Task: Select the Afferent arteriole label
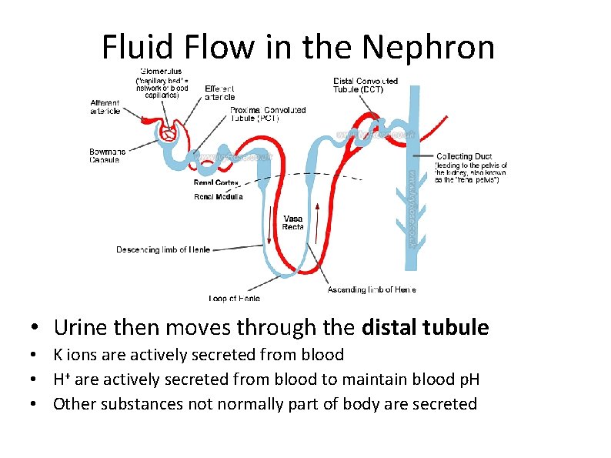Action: click(105, 106)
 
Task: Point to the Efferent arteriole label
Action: click(220, 92)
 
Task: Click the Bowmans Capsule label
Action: click(107, 155)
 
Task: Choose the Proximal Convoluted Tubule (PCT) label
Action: click(268, 114)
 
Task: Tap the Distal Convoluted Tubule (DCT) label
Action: click(366, 85)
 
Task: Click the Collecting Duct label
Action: click(464, 156)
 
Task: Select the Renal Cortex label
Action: click(216, 183)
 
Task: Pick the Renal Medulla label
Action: click(218, 197)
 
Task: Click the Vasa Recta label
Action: click(293, 222)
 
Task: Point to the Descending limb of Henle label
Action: click(163, 249)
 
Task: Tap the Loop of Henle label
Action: click(234, 298)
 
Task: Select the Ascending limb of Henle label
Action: click(372, 289)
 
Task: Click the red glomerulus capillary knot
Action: click(168, 133)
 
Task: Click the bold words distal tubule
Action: click(425, 328)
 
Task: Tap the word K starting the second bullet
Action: click(58, 355)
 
